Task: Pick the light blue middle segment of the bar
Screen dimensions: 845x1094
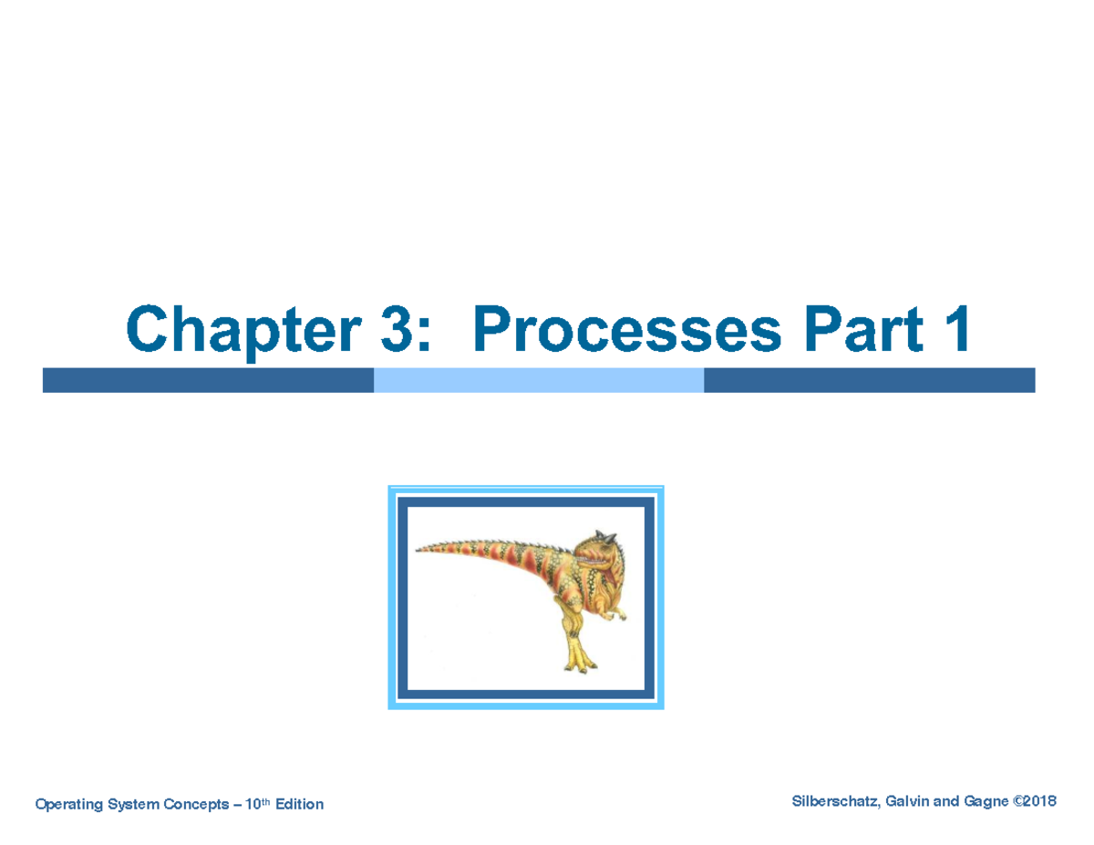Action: (x=539, y=380)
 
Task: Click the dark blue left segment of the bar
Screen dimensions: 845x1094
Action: (x=208, y=380)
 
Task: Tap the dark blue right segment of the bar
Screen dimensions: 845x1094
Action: (x=869, y=380)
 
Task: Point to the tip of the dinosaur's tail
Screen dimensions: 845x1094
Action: (x=418, y=549)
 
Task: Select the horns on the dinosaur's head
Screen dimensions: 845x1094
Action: (x=603, y=535)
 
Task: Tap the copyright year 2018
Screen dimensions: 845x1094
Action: (x=1039, y=801)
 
